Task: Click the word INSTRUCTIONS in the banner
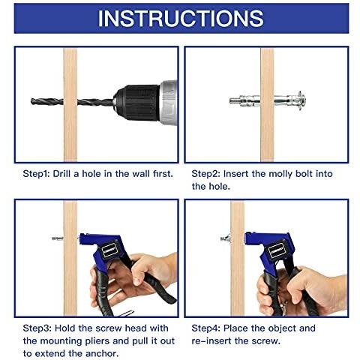click(181, 19)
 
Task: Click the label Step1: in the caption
click(36, 174)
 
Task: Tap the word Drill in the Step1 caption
click(61, 174)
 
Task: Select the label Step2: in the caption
click(205, 174)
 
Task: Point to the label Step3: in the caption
click(37, 328)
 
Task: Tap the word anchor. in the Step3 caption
click(101, 354)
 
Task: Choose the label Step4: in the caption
click(206, 328)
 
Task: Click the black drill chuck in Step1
click(136, 103)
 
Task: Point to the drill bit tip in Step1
click(31, 101)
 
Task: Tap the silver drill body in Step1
click(168, 103)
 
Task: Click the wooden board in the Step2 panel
click(267, 105)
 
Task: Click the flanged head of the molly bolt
click(301, 101)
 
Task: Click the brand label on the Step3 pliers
click(109, 250)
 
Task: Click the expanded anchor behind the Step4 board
click(226, 238)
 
